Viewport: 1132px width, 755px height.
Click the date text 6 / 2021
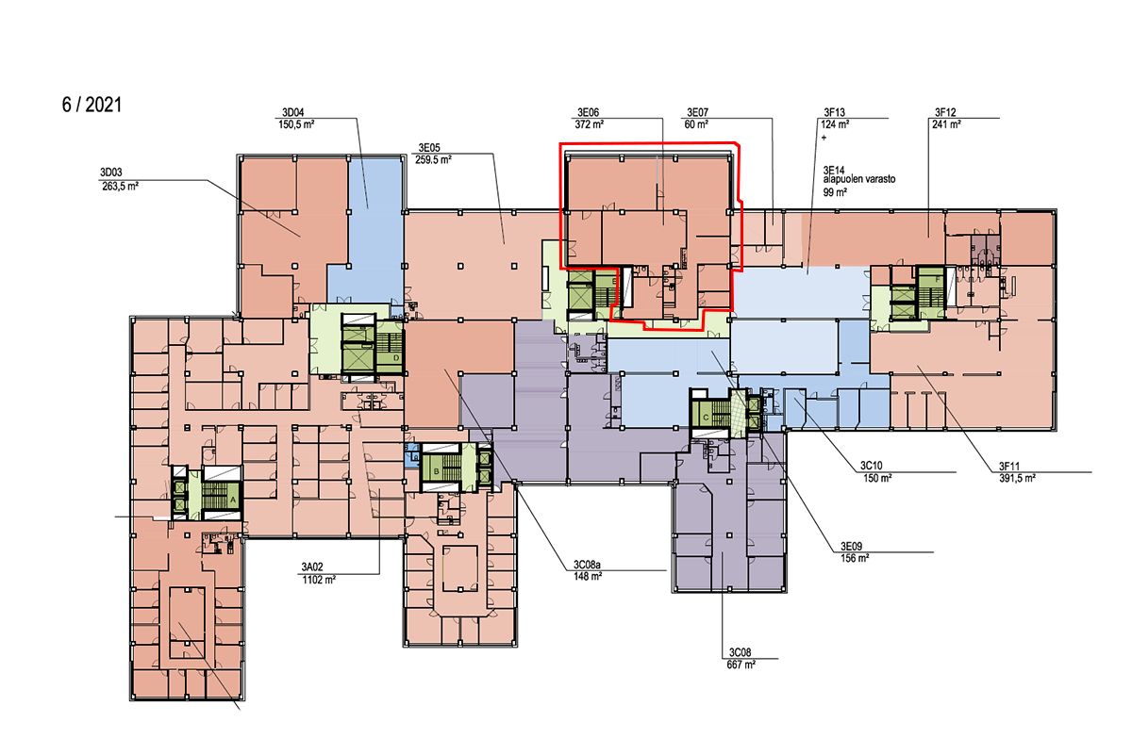92,105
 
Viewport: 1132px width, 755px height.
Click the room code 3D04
293,112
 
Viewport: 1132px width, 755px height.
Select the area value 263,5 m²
120,186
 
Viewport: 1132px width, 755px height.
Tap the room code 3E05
429,147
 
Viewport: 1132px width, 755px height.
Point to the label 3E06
589,112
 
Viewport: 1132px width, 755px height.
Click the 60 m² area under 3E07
696,124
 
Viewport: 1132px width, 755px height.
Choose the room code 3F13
834,112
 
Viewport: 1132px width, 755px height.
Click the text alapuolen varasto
859,179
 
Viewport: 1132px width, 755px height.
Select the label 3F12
945,112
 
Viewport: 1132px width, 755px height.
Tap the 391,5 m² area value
1017,478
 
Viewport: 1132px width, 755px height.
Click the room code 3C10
872,466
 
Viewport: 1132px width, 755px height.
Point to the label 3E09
852,546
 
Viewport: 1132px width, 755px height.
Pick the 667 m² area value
741,665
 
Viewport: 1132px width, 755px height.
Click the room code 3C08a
587,564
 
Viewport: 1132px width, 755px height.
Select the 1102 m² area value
319,580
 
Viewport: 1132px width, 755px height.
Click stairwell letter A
233,500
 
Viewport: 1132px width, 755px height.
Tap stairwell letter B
437,471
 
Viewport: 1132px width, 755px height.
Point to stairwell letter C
706,419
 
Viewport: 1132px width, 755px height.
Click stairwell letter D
396,358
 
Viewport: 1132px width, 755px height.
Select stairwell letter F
938,279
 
